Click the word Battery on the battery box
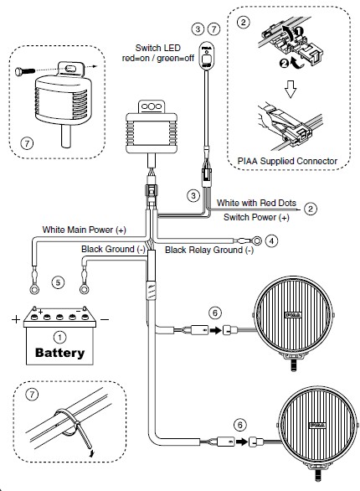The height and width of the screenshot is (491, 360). pos(59,353)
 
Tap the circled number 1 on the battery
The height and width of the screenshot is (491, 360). pos(59,338)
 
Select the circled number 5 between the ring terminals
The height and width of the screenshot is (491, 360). pos(58,282)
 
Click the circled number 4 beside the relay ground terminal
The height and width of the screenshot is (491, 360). pos(271,240)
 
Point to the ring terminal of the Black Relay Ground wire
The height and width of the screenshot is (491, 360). pos(256,240)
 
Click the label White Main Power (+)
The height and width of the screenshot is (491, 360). pos(84,230)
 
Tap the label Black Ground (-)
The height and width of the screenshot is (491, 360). pos(113,249)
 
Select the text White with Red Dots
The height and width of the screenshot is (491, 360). pos(256,203)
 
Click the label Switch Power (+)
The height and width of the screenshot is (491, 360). pos(256,217)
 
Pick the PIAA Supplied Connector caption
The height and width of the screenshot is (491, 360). pos(287,161)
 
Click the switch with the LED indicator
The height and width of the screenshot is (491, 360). pos(205,55)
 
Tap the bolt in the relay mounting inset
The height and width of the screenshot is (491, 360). pos(25,71)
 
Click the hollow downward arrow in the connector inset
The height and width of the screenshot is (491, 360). pos(291,89)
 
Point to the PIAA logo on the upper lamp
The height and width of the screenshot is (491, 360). pos(294,314)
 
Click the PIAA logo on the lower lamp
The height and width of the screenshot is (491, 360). pos(317,426)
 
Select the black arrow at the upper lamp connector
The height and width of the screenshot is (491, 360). pos(215,330)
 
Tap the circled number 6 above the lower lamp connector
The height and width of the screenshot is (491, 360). pos(240,425)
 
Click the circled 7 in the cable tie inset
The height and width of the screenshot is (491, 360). pos(32,394)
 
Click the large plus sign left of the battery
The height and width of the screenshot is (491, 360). pos(16,319)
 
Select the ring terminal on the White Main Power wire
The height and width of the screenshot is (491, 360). pos(34,289)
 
